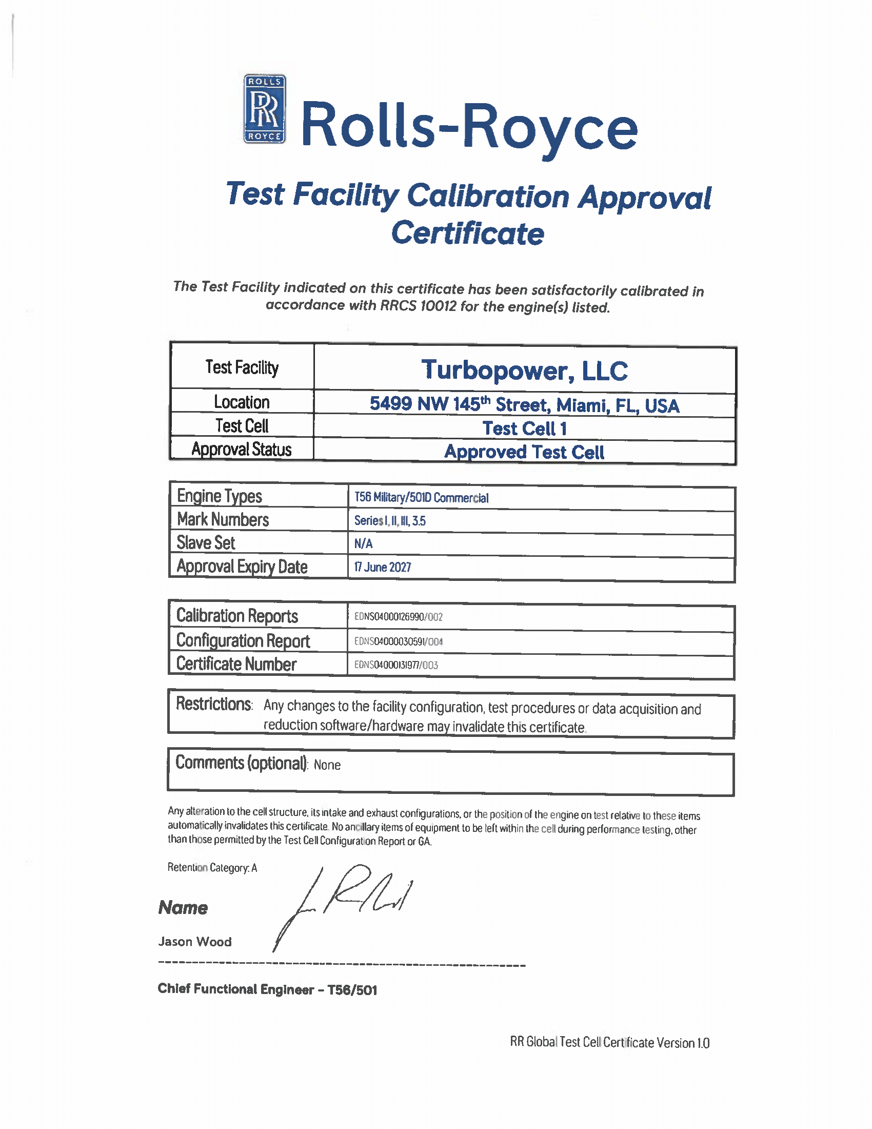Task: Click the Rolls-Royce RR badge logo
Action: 265,109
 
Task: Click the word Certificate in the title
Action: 467,233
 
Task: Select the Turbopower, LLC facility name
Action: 524,371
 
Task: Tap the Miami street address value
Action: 524,405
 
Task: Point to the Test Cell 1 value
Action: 524,429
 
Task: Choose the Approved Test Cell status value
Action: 524,452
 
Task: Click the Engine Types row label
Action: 220,496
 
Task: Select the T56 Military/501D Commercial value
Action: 421,497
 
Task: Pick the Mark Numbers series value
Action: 390,520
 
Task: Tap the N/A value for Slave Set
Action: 363,543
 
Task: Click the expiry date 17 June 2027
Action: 382,567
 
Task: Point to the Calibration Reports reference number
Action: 398,617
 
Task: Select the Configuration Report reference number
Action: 398,641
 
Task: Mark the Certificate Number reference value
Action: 396,665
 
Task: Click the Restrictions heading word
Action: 214,704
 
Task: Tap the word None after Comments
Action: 327,765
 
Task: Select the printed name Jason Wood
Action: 195,941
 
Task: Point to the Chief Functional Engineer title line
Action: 267,989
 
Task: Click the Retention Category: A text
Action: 212,867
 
